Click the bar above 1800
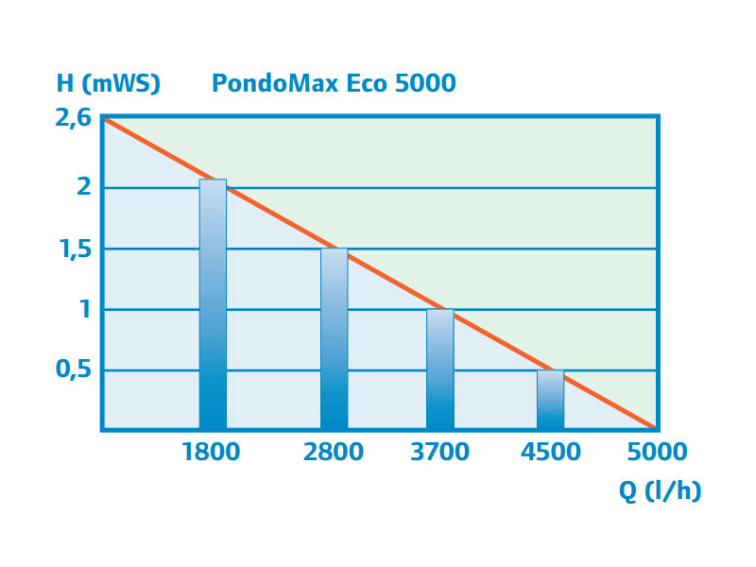pos(213,304)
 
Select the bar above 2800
pos(334,339)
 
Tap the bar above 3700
pos(440,369)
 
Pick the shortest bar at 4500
pos(550,400)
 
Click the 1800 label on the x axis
pos(211,452)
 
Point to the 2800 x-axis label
pos(334,452)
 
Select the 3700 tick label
pos(440,452)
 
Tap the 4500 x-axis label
pos(551,452)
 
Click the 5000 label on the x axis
pos(657,452)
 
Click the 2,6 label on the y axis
pos(74,119)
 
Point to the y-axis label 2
pos(84,186)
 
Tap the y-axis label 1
pos(85,309)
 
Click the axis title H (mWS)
pos(108,84)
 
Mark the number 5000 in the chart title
pos(425,83)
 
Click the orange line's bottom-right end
pos(654,427)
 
